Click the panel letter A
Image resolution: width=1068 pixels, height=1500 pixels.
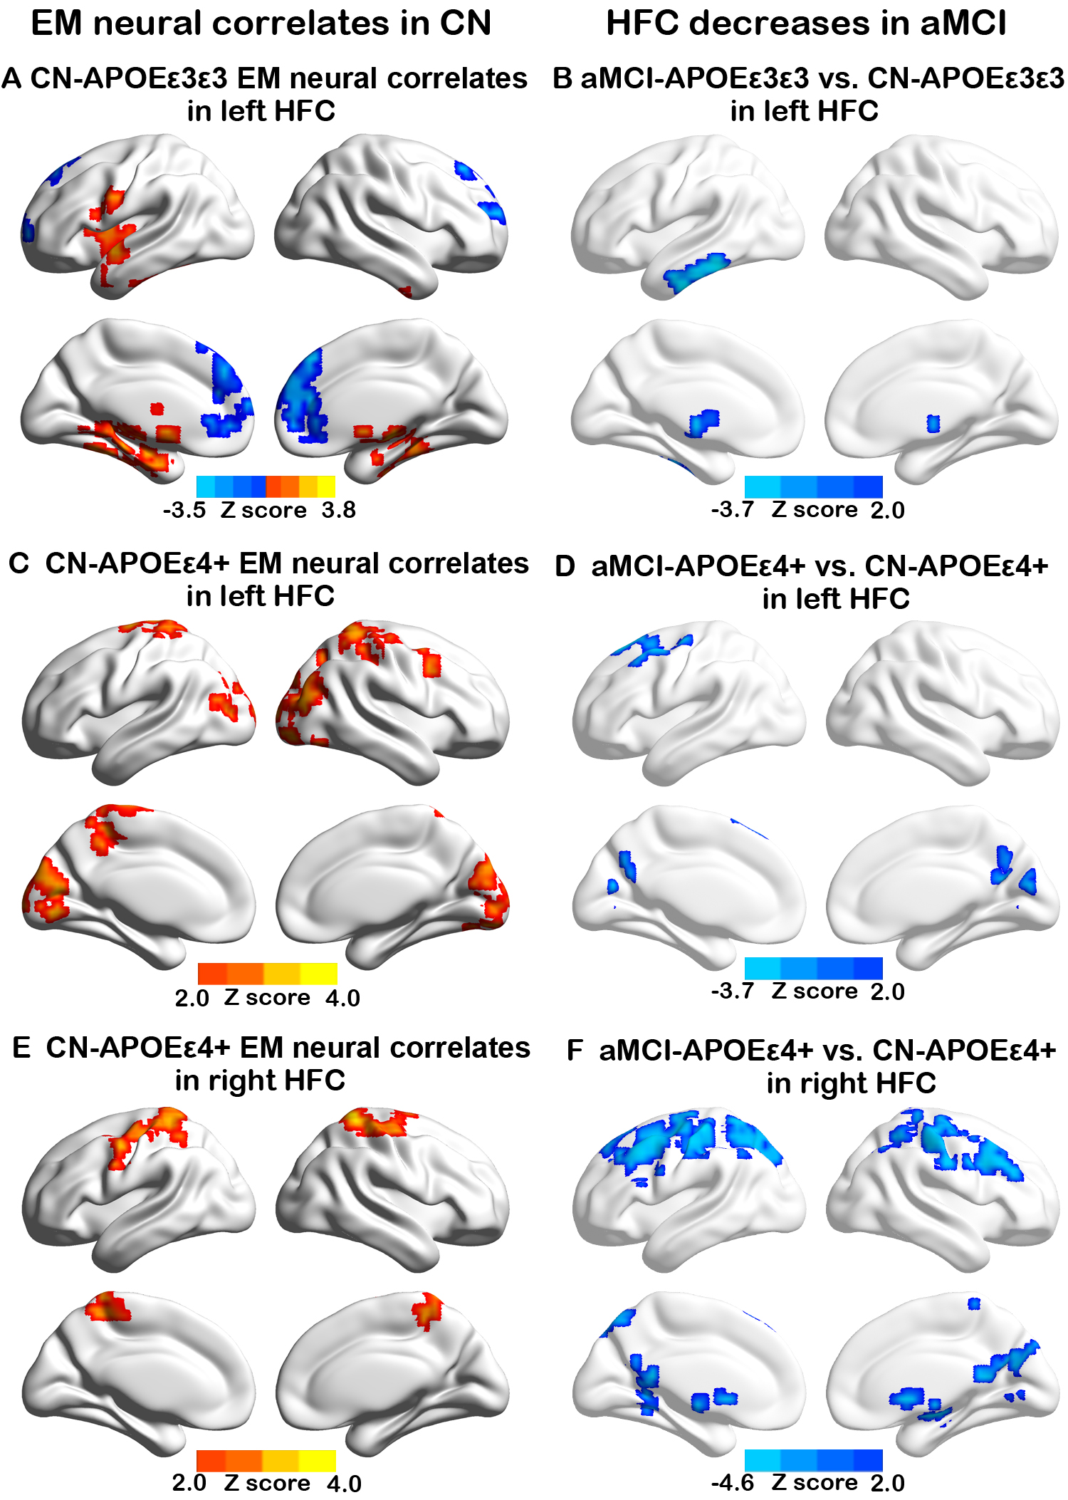11,78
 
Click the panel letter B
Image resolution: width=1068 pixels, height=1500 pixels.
562,78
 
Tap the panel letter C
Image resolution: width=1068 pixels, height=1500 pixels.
19,563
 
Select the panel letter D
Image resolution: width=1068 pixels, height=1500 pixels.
565,566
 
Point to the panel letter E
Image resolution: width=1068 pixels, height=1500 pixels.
21,1048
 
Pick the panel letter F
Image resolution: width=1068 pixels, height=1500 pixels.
575,1051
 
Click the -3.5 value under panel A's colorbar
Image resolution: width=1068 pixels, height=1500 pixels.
184,510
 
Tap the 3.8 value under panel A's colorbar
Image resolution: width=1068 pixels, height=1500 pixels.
338,510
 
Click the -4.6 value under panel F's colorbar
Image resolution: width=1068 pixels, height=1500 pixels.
732,1482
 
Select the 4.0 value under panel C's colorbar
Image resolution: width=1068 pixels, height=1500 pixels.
342,998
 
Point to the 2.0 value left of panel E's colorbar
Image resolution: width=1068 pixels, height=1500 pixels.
189,1482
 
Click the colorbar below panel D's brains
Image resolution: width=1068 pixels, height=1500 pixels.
813,968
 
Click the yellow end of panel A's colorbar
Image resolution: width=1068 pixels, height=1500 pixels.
326,486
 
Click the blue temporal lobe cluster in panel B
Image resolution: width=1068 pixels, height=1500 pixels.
696,271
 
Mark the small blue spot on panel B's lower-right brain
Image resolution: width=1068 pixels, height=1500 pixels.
933,424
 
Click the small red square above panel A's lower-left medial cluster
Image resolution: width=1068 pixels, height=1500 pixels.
157,408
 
